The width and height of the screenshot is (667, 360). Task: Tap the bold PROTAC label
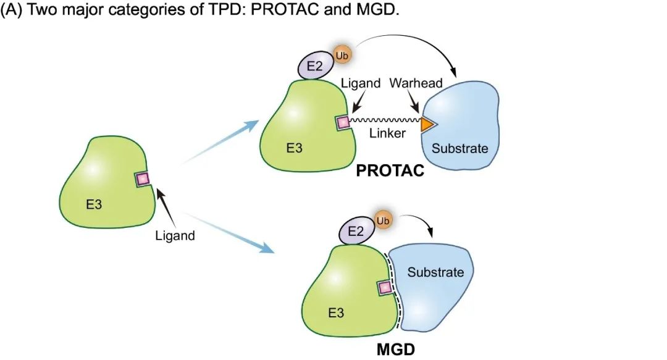(x=390, y=171)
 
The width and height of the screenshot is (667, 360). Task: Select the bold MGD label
(x=395, y=350)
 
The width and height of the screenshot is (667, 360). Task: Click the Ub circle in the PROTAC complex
(x=342, y=55)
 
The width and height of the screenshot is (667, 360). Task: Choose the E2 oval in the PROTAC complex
(x=314, y=67)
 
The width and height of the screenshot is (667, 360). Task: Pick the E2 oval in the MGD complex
(x=356, y=232)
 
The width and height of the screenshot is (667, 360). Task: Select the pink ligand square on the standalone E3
(x=143, y=179)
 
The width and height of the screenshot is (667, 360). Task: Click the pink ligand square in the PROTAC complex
(x=342, y=123)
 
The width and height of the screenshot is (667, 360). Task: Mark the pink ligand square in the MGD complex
(x=385, y=288)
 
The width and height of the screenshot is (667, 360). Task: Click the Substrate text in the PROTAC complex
(x=459, y=148)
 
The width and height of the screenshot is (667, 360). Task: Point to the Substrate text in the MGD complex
(x=435, y=272)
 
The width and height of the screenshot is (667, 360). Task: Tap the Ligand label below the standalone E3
(x=175, y=235)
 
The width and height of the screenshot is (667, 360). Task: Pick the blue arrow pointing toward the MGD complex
(x=229, y=232)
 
